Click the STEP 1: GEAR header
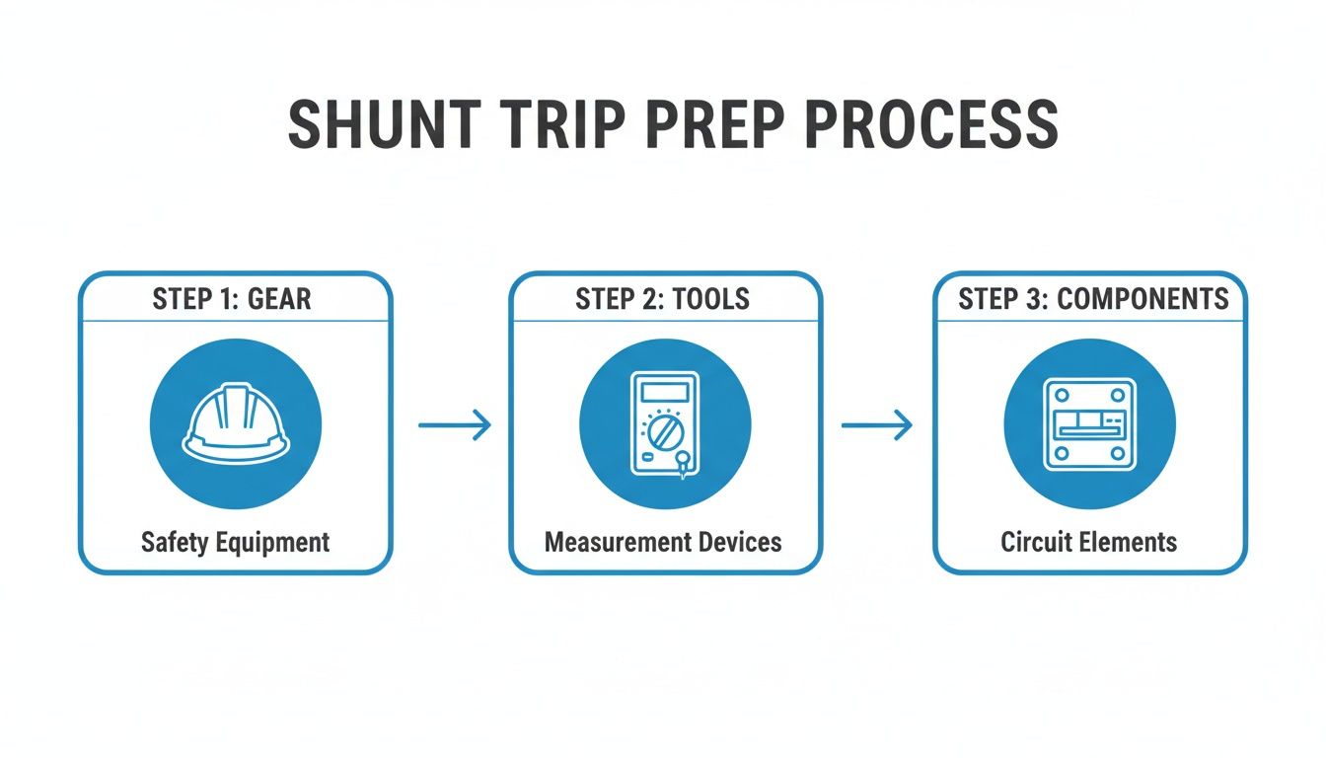click(232, 299)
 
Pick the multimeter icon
click(665, 425)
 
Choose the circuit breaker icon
click(1089, 423)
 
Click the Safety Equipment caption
click(235, 542)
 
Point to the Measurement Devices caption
click(663, 542)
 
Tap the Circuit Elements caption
click(1088, 542)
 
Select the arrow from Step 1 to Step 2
click(455, 425)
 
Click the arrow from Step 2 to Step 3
click(876, 425)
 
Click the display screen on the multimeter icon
click(664, 392)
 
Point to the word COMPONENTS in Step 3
click(1142, 299)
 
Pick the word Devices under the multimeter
click(732, 542)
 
